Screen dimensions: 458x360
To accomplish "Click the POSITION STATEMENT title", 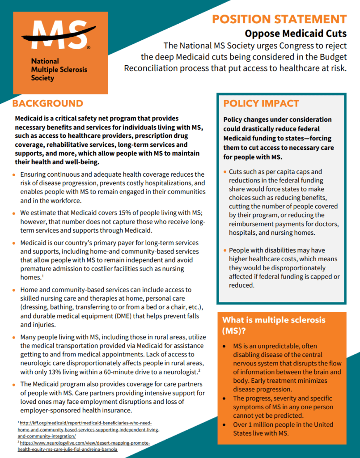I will (x=279, y=19).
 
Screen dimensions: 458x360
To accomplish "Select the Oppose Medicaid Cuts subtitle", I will (x=296, y=34).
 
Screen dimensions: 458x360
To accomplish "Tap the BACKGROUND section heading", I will (x=47, y=104).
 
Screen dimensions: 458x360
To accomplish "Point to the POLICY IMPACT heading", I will (x=261, y=104).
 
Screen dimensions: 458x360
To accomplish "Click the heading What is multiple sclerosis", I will (x=274, y=320).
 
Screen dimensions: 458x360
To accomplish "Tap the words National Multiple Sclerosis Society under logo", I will (x=59, y=69).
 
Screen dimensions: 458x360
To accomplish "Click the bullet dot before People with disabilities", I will (x=225, y=250).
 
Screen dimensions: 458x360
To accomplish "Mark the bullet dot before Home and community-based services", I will (x=15, y=290).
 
